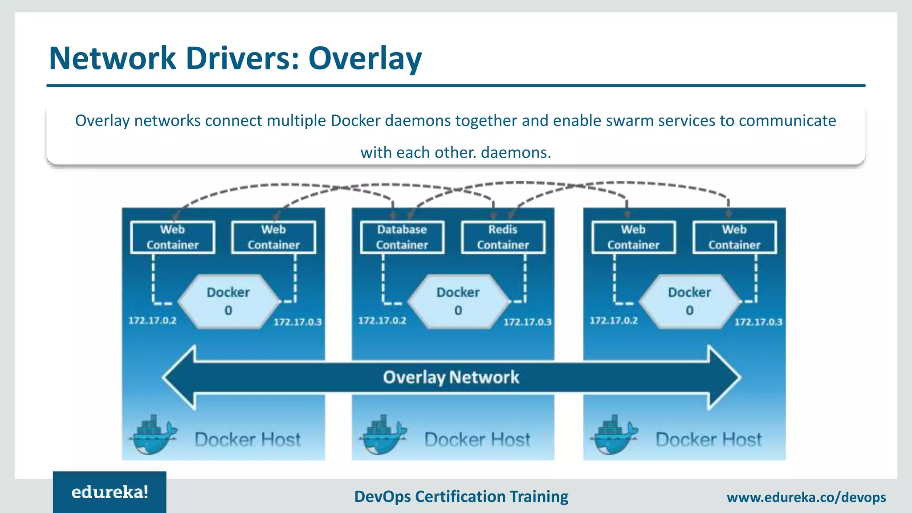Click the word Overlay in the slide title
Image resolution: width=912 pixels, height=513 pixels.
tap(365, 58)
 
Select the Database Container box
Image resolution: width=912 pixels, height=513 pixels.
tap(402, 237)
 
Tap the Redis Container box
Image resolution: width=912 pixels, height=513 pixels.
tap(503, 237)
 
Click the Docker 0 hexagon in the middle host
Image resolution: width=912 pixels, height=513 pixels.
tap(458, 301)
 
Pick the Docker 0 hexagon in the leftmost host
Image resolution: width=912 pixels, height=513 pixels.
tap(228, 301)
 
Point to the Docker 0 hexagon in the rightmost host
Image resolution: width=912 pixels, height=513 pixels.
tap(689, 301)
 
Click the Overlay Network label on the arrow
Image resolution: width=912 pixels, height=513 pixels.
tap(451, 377)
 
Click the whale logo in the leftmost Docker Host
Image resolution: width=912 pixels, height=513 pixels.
tap(153, 436)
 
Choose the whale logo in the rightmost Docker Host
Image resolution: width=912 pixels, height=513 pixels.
tap(614, 436)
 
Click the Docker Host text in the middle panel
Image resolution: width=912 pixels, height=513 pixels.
tap(477, 440)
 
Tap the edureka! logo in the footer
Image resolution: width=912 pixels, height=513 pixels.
tap(110, 492)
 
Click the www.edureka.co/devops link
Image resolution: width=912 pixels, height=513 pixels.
tap(806, 497)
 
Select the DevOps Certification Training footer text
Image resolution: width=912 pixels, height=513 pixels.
tap(461, 497)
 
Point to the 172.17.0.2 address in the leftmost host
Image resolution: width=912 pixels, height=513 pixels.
tap(152, 321)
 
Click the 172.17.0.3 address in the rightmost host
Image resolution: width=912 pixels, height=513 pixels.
tap(758, 322)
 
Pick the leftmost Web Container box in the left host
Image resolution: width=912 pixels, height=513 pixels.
tap(173, 237)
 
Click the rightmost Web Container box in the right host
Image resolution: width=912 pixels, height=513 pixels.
tap(734, 237)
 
